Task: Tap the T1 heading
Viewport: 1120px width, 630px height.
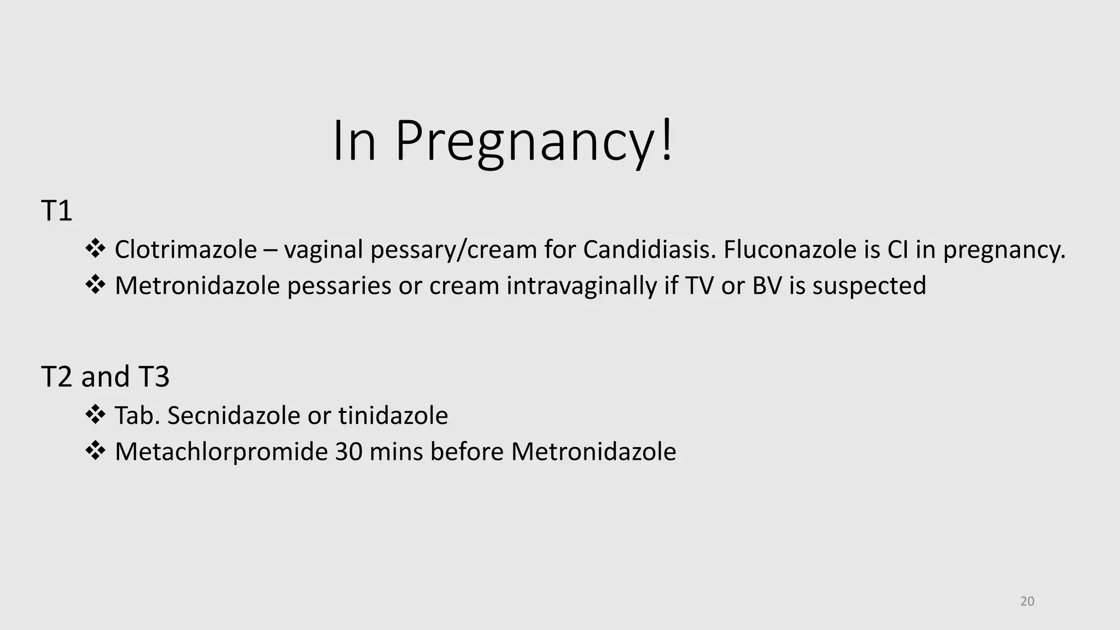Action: tap(56, 211)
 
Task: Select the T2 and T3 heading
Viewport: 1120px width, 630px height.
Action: tap(106, 377)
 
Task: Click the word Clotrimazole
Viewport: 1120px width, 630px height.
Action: tap(185, 250)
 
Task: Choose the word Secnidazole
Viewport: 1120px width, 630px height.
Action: tap(234, 416)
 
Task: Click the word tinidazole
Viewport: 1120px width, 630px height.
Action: tap(393, 416)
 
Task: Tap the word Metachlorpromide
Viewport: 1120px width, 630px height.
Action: tap(221, 452)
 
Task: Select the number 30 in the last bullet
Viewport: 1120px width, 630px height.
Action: tap(348, 452)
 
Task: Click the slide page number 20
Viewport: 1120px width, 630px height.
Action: tap(1028, 602)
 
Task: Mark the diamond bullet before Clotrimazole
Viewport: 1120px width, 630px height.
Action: tap(95, 249)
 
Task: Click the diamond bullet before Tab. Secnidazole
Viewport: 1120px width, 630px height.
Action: tap(95, 415)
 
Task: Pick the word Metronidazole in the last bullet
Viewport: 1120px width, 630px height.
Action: tap(593, 452)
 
